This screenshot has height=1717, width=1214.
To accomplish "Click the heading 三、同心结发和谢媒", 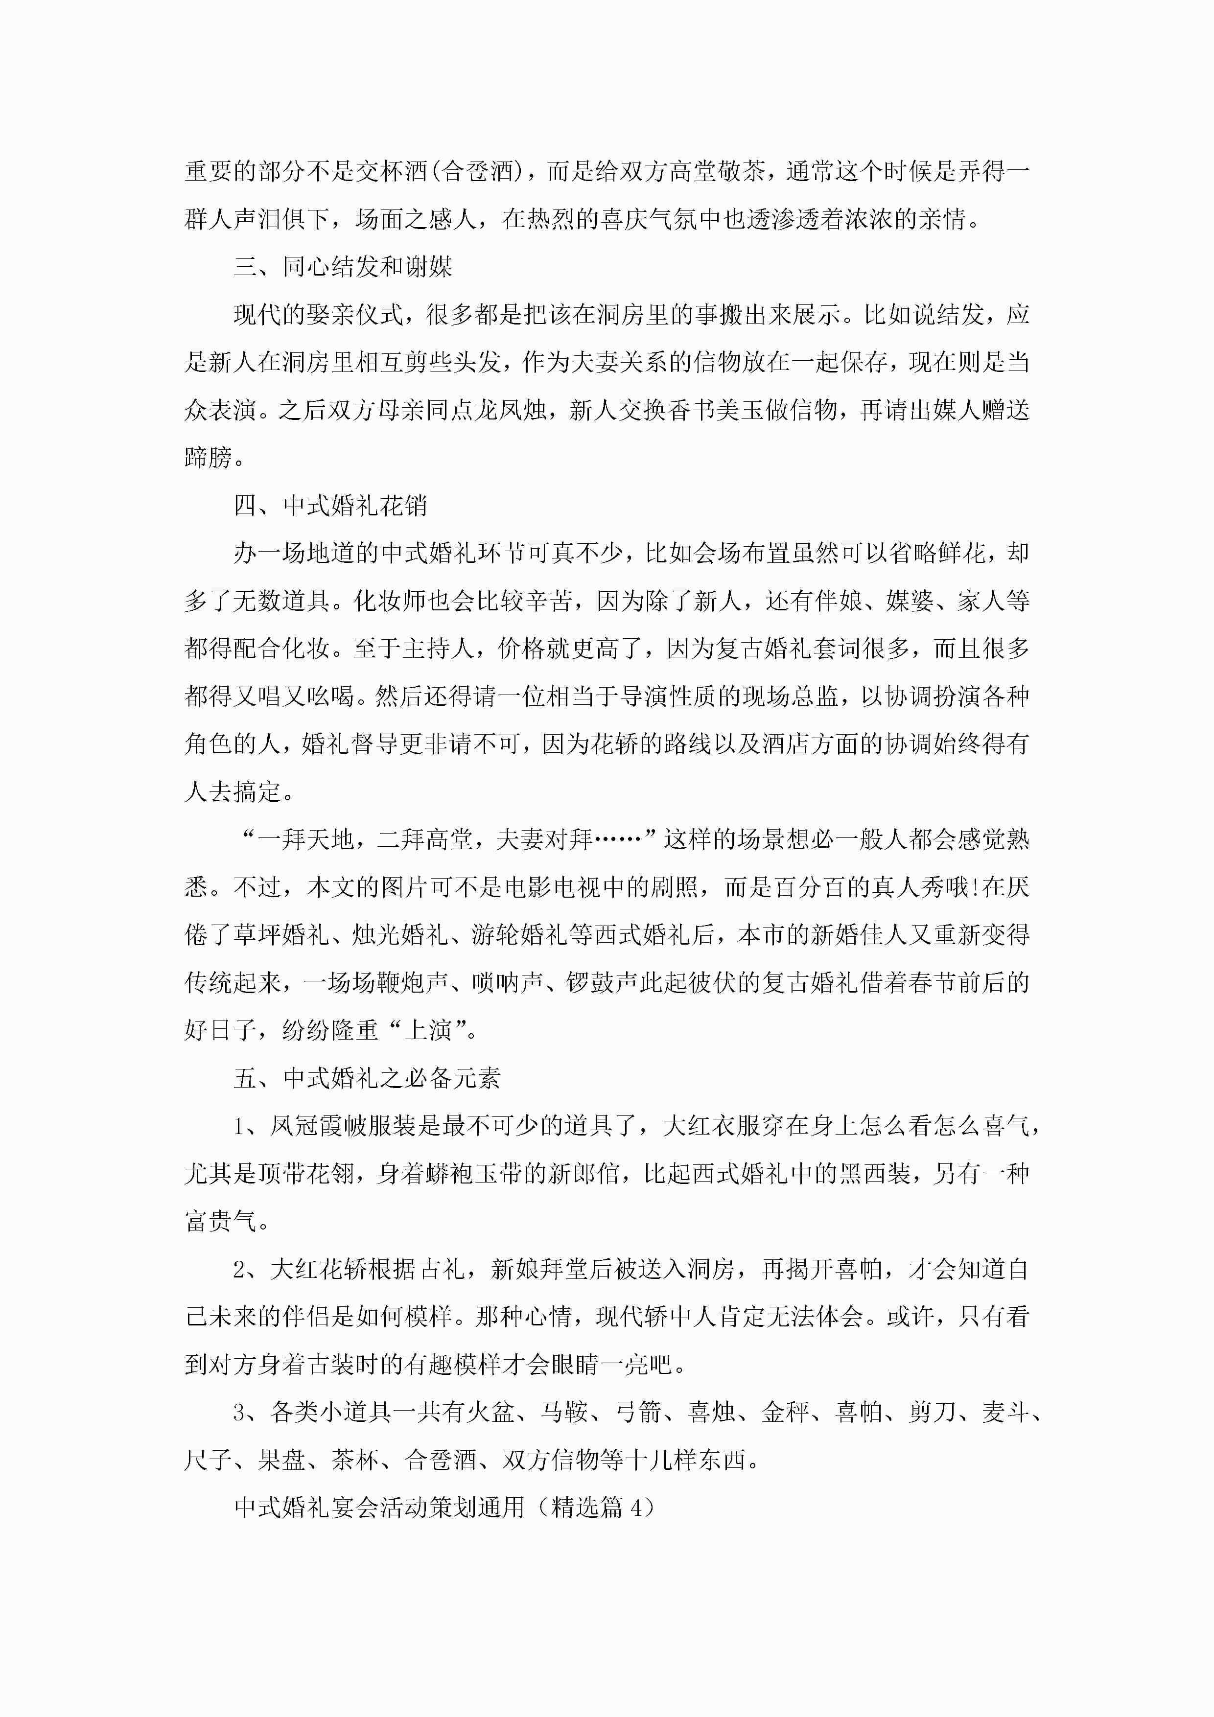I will (343, 267).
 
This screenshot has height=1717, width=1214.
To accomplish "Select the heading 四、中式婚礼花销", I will (330, 506).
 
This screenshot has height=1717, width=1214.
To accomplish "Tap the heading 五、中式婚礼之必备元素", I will (367, 1078).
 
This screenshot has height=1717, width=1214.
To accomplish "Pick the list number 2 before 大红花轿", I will (239, 1269).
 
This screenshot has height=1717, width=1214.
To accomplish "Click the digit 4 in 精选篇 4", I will (636, 1508).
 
